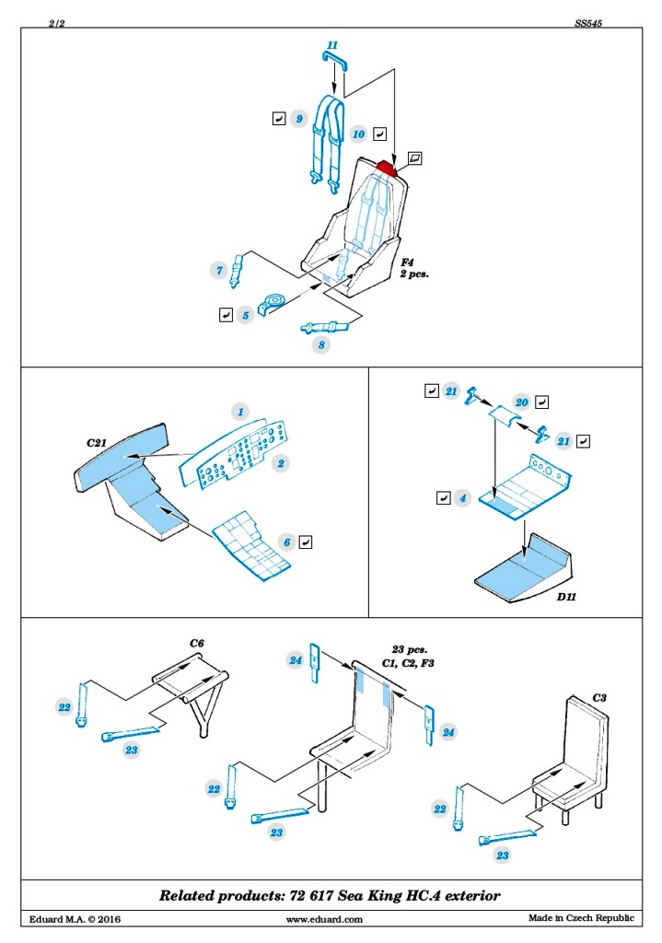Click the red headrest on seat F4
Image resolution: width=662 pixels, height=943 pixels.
pos(387,167)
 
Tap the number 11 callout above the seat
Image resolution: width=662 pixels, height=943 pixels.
pos(332,45)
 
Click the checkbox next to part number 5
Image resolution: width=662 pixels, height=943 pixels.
pos(226,315)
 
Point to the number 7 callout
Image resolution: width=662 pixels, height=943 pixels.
pos(219,271)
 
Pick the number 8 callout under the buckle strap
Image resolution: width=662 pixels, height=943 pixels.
pos(321,345)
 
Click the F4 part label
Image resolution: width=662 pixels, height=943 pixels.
pos(408,262)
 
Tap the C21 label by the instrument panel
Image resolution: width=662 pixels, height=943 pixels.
pos(99,443)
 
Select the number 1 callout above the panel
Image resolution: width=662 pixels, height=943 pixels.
pos(240,412)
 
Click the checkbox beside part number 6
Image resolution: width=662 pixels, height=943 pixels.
pos(307,541)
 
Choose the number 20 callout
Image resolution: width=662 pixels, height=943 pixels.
pos(521,402)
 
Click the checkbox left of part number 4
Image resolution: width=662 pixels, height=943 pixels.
pos(443,498)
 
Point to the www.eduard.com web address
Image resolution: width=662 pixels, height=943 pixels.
pos(324,919)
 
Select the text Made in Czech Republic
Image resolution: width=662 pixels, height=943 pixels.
pos(581,918)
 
